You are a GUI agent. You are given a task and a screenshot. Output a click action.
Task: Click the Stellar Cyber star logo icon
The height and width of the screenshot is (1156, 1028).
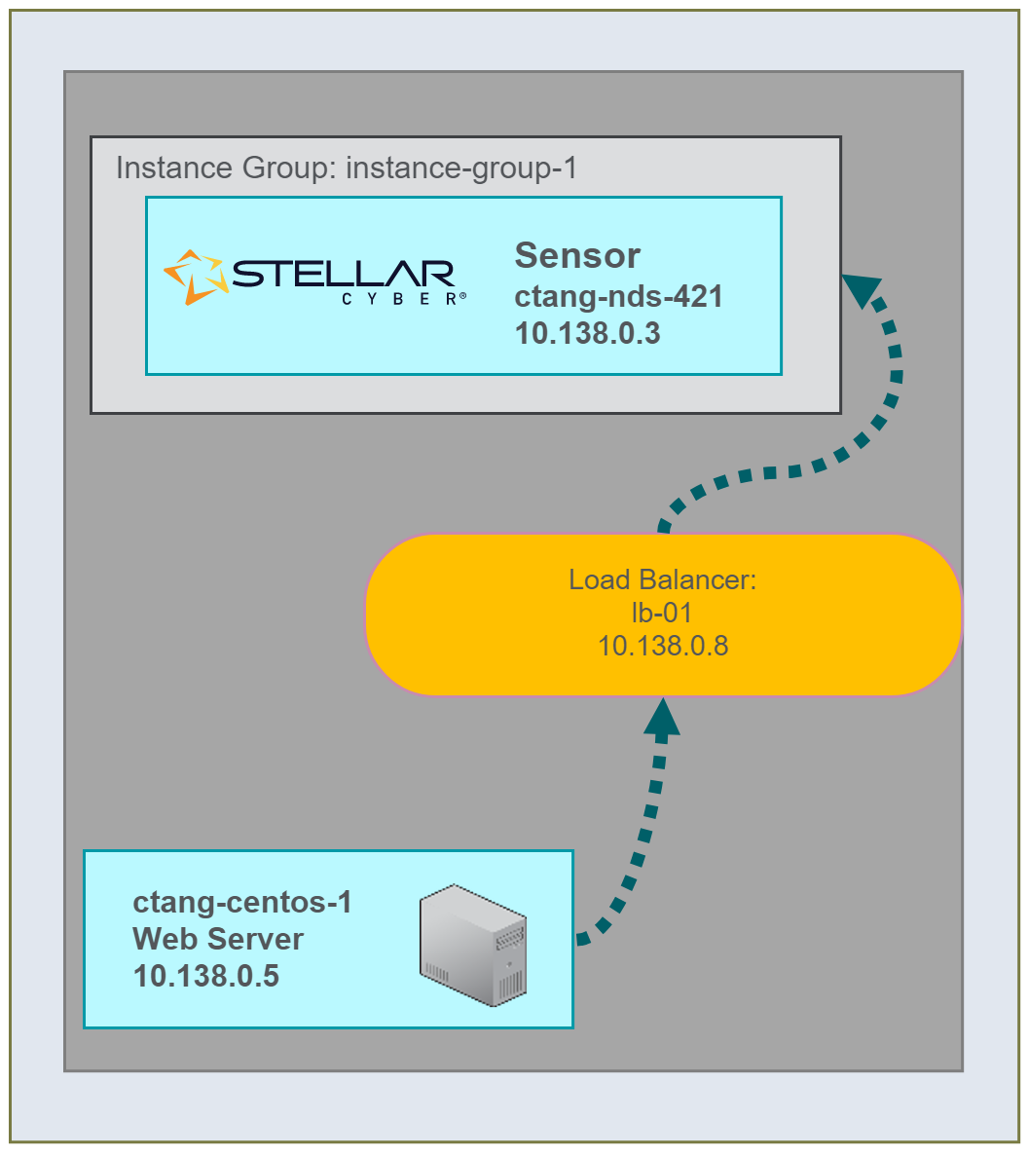click(196, 277)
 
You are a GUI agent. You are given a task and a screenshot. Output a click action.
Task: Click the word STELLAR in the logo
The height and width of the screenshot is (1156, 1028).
click(344, 274)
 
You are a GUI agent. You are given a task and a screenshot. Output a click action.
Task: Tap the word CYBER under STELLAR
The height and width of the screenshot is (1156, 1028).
click(398, 300)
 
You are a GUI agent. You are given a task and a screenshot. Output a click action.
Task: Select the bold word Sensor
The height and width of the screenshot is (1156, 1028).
click(577, 255)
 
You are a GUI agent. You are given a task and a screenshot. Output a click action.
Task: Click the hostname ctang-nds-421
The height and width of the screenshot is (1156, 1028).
click(618, 296)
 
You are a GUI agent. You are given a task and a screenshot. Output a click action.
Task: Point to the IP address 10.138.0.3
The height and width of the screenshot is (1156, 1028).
click(587, 333)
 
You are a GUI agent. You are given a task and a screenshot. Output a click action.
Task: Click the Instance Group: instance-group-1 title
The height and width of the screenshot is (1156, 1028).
click(347, 168)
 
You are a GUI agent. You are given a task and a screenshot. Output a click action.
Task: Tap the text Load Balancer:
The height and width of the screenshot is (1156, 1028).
click(663, 580)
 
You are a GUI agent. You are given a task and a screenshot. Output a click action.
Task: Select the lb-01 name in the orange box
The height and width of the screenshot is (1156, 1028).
click(662, 613)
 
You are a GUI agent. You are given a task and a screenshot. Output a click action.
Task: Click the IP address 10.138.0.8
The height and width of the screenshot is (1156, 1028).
click(663, 645)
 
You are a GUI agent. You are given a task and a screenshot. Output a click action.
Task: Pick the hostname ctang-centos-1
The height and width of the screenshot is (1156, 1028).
click(242, 903)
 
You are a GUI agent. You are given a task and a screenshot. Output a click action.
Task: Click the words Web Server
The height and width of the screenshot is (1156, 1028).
click(218, 939)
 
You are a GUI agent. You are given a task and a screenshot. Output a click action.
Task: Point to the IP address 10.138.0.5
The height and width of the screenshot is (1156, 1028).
click(206, 975)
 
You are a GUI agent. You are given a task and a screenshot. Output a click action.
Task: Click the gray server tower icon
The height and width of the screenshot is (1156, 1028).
click(473, 944)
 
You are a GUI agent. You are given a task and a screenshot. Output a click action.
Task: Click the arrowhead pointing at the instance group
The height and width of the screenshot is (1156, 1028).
click(862, 289)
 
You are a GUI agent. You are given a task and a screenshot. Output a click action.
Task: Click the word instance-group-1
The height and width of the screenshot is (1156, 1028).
click(461, 168)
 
